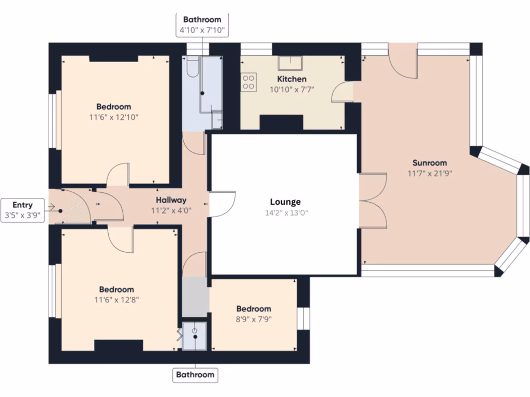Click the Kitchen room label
[x=292, y=79]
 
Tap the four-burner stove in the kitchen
[x=248, y=83]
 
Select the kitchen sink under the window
[x=290, y=63]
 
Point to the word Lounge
[x=285, y=202]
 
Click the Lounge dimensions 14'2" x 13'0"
[x=285, y=212]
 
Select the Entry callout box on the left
[x=22, y=209]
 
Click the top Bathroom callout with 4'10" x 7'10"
[x=202, y=25]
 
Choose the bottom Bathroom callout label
[x=195, y=374]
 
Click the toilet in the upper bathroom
[x=192, y=68]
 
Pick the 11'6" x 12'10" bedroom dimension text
[x=114, y=117]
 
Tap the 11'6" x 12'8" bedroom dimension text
[x=116, y=299]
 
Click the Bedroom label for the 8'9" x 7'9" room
[x=254, y=309]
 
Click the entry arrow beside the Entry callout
[x=52, y=207]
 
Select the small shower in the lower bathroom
[x=195, y=336]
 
